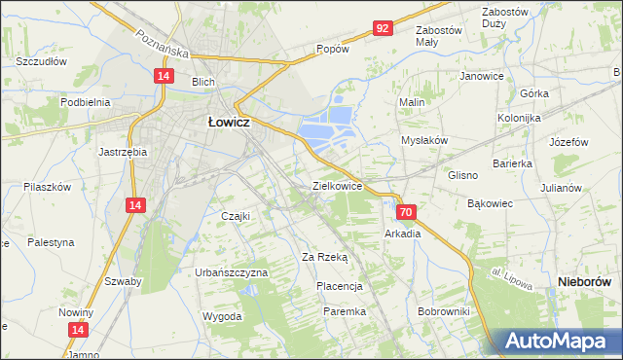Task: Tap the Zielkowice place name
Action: click(337, 185)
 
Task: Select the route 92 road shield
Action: click(383, 29)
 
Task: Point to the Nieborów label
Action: click(588, 280)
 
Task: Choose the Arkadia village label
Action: click(402, 234)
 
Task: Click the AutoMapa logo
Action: click(558, 341)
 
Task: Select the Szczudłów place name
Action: click(41, 60)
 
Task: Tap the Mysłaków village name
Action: click(424, 140)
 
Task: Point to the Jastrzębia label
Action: click(123, 152)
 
